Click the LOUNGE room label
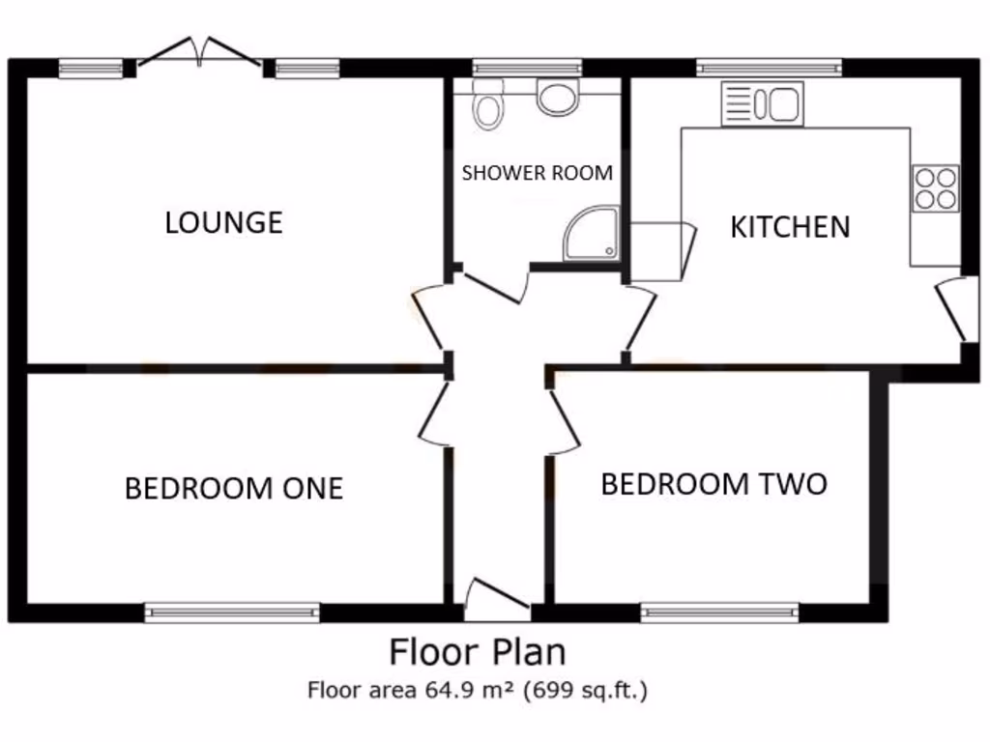223,222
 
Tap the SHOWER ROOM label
537,173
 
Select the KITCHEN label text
790,227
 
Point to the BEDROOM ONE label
234,488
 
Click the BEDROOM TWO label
713,483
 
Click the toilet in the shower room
488,103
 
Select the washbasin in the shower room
557,98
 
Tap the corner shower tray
591,234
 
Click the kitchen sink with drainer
762,104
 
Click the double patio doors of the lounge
200,53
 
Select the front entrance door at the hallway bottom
497,600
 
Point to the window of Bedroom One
232,612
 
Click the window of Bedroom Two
719,612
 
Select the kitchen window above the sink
769,68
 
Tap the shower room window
527,68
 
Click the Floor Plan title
477,652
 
